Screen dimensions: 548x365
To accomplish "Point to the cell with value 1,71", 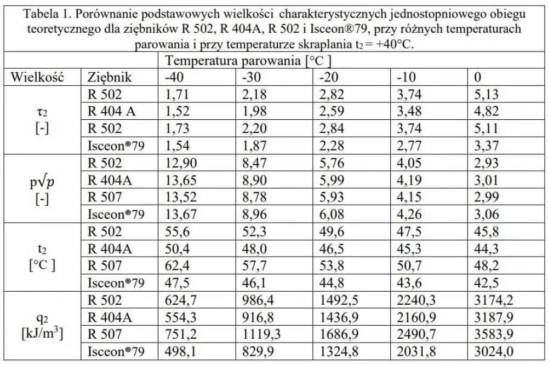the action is point(177,94).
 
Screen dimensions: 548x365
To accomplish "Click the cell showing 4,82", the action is point(486,112).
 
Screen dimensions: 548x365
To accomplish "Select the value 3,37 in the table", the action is point(486,146).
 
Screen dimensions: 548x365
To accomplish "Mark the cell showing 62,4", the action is point(177,265).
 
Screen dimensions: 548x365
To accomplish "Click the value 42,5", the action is point(486,282).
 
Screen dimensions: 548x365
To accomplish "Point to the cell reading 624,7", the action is point(180,299).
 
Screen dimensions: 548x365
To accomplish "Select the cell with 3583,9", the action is point(492,334).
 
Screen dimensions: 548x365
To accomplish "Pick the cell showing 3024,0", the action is point(492,351).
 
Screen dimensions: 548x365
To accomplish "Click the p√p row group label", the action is point(42,181).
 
